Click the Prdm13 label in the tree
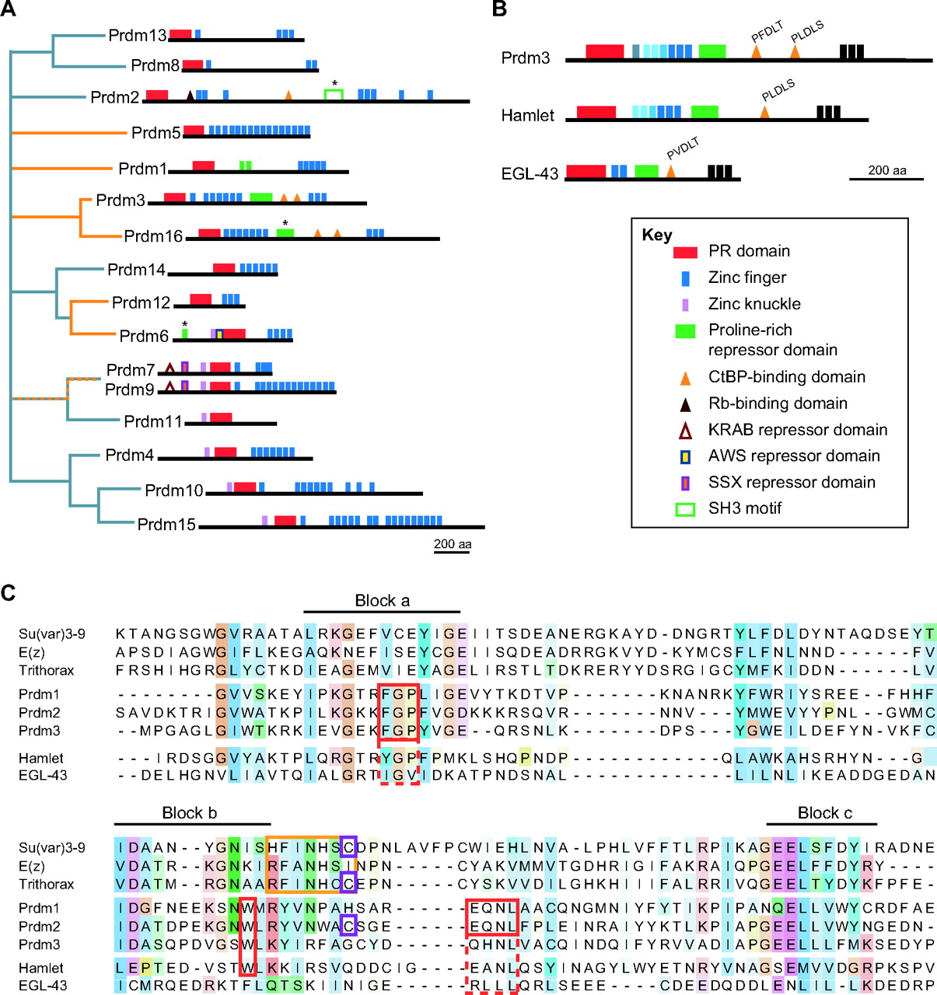(x=138, y=36)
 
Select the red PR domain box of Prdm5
(x=194, y=130)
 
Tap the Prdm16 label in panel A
(x=153, y=236)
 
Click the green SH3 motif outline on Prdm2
(x=334, y=95)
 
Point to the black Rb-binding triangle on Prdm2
(x=190, y=96)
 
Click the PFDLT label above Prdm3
(x=767, y=33)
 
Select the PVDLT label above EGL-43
(x=683, y=148)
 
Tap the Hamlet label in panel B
(x=527, y=116)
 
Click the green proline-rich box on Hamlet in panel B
(x=704, y=112)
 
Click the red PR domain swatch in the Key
(x=685, y=252)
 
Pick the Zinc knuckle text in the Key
(x=753, y=304)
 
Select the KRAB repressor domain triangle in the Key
(x=685, y=431)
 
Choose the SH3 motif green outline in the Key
(x=685, y=509)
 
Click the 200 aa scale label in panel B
(x=886, y=170)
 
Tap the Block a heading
(x=382, y=600)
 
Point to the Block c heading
(x=824, y=813)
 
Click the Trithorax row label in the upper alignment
(x=47, y=670)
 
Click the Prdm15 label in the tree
(x=166, y=525)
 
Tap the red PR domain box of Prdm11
(x=221, y=417)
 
